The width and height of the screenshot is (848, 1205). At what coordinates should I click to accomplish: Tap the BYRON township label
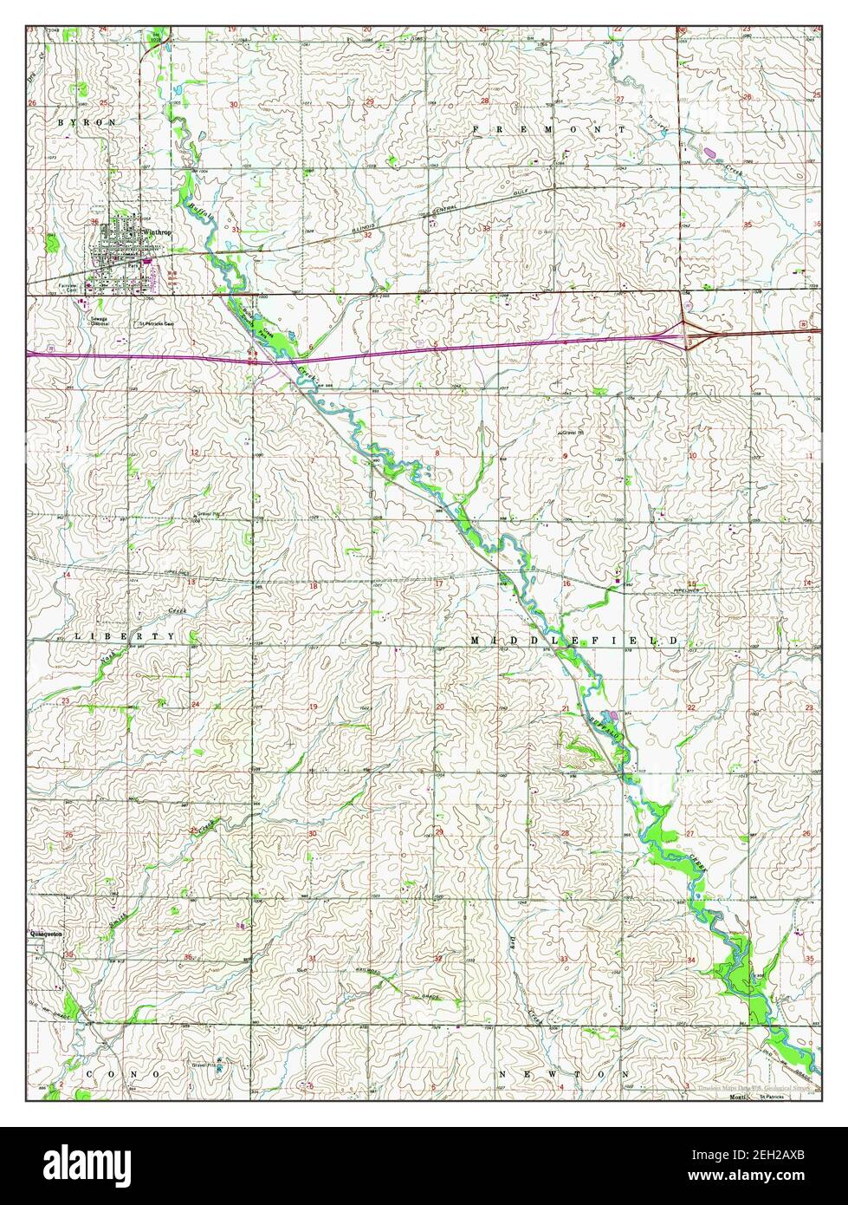click(87, 123)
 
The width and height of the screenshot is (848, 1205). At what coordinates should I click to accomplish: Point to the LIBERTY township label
click(125, 636)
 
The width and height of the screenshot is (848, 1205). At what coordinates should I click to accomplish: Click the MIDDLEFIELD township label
click(573, 640)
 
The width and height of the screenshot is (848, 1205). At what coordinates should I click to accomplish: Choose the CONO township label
click(122, 1073)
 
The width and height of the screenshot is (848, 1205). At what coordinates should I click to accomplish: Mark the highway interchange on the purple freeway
click(685, 333)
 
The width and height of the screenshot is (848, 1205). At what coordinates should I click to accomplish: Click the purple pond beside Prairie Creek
click(710, 153)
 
